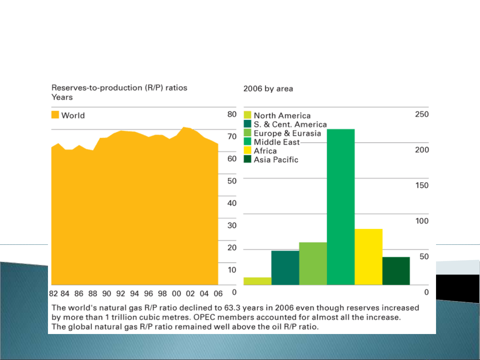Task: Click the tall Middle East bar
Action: tap(341, 206)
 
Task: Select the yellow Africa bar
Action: tap(368, 257)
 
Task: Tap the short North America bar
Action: tap(257, 281)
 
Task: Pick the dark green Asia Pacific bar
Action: tap(396, 271)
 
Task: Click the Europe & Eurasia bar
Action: tap(313, 263)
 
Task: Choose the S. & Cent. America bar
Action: tap(285, 268)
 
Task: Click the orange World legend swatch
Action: tap(55, 115)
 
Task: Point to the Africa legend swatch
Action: tap(247, 151)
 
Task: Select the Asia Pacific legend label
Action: tap(276, 160)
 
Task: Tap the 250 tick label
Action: tap(422, 114)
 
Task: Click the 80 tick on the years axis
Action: tap(232, 114)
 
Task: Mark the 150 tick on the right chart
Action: tap(422, 185)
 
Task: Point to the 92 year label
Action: tap(121, 294)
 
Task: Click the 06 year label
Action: tap(218, 294)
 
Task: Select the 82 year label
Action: tap(53, 294)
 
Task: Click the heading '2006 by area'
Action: tap(268, 89)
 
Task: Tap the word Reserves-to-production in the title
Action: tap(97, 88)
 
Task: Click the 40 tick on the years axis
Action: tap(232, 203)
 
